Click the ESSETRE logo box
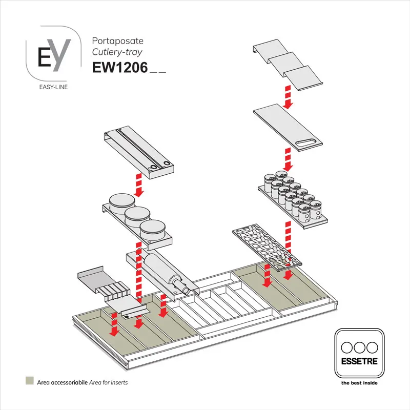pyautogui.click(x=359, y=354)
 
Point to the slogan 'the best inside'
pyautogui.click(x=359, y=382)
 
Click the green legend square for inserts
pyautogui.click(x=30, y=381)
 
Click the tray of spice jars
pyautogui.click(x=291, y=197)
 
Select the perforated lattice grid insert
pyautogui.click(x=265, y=245)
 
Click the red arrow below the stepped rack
pyautogui.click(x=288, y=97)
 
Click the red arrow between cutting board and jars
pyautogui.click(x=288, y=159)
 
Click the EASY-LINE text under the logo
pyautogui.click(x=53, y=87)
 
